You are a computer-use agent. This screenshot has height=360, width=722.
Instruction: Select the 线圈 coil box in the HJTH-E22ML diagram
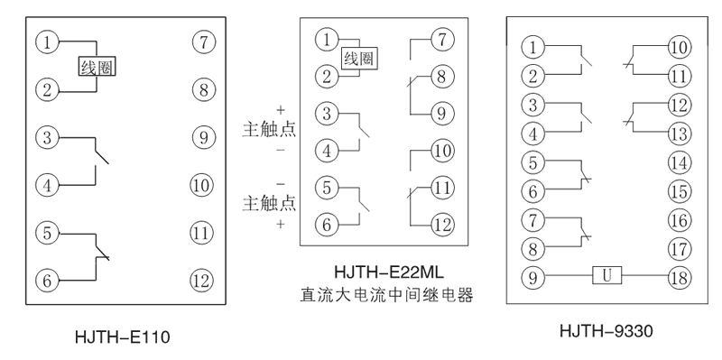[357, 59]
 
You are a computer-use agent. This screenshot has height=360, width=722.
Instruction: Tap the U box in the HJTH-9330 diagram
[605, 275]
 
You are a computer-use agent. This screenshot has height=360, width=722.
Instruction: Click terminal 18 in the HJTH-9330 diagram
[678, 275]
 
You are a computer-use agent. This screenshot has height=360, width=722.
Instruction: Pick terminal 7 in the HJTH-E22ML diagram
[440, 40]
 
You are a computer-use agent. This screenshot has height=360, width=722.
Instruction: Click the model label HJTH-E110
[123, 339]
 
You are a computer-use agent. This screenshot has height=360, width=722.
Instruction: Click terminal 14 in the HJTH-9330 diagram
[678, 163]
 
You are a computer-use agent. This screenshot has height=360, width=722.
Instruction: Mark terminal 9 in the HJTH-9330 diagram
[535, 275]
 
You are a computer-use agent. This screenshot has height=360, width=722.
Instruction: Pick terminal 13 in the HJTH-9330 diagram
[678, 134]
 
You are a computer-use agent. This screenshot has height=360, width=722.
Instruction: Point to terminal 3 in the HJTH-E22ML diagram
[327, 114]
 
